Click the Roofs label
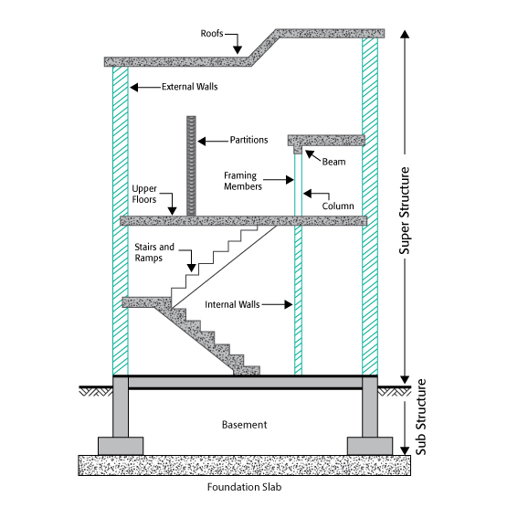click(212, 34)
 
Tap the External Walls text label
click(190, 87)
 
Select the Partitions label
click(248, 140)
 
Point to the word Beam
click(333, 162)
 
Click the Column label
click(338, 206)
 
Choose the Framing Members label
click(243, 181)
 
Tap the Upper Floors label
click(144, 195)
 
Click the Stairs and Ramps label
click(154, 252)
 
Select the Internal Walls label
click(232, 304)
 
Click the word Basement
click(244, 425)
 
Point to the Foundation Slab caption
click(244, 487)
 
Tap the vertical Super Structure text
click(405, 211)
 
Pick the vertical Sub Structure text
click(420, 417)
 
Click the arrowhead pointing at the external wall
click(133, 87)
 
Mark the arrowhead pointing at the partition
click(202, 142)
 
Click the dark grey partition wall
click(191, 166)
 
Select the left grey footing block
click(121, 446)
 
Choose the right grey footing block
click(370, 446)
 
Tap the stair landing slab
click(146, 302)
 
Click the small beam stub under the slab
click(298, 150)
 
